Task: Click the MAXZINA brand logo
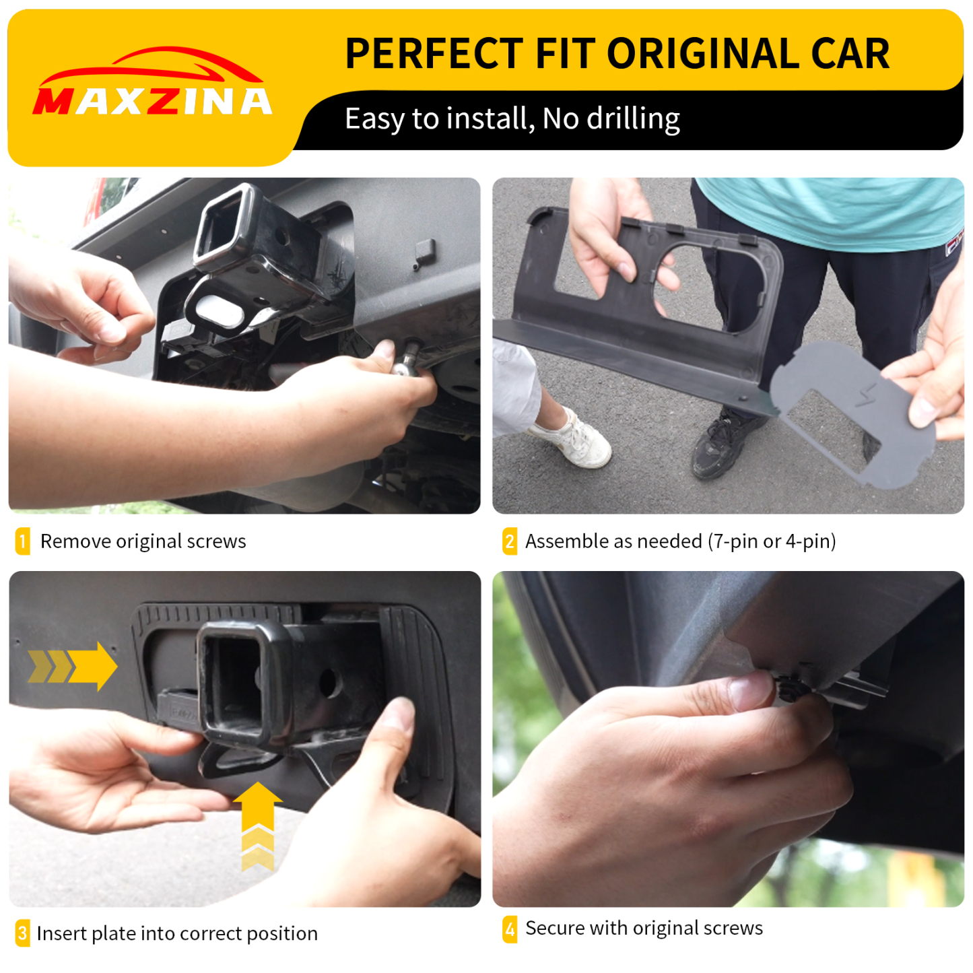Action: point(153,84)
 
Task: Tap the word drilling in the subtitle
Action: point(633,119)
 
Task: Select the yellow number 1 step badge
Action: point(22,541)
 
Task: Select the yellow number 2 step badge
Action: point(510,541)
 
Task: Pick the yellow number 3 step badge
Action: point(22,933)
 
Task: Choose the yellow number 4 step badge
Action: point(510,929)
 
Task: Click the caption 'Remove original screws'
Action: point(143,541)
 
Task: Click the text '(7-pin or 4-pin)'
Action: point(772,541)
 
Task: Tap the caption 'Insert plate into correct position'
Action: point(177,933)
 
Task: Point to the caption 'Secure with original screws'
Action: point(644,929)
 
